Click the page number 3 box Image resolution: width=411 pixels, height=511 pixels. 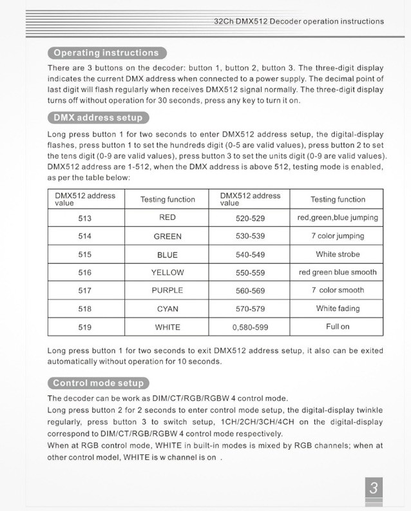(374, 489)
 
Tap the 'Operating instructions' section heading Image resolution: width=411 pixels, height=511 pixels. (106, 53)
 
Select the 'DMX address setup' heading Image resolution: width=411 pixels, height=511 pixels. (98, 118)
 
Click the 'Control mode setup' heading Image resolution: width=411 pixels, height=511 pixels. (99, 383)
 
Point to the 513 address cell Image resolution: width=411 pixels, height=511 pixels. (85, 218)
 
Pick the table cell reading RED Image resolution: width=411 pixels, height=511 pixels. (167, 218)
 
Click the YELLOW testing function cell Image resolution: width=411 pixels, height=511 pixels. (167, 273)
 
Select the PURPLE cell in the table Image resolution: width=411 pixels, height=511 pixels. (167, 291)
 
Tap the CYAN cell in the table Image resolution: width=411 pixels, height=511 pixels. (167, 309)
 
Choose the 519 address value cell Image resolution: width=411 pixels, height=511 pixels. (85, 327)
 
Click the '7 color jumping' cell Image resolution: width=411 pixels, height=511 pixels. (338, 236)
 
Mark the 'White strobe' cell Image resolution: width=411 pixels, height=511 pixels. (338, 255)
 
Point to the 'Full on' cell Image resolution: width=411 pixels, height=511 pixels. (338, 327)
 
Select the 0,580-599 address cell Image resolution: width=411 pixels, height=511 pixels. (250, 327)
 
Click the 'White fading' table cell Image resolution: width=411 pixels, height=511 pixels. (338, 309)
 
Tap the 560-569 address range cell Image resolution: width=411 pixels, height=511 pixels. (250, 291)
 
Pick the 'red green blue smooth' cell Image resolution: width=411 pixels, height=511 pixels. (338, 273)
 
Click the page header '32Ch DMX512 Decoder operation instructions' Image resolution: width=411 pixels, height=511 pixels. (299, 21)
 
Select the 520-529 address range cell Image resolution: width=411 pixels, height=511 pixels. (250, 218)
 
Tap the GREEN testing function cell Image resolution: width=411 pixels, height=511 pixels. (167, 236)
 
